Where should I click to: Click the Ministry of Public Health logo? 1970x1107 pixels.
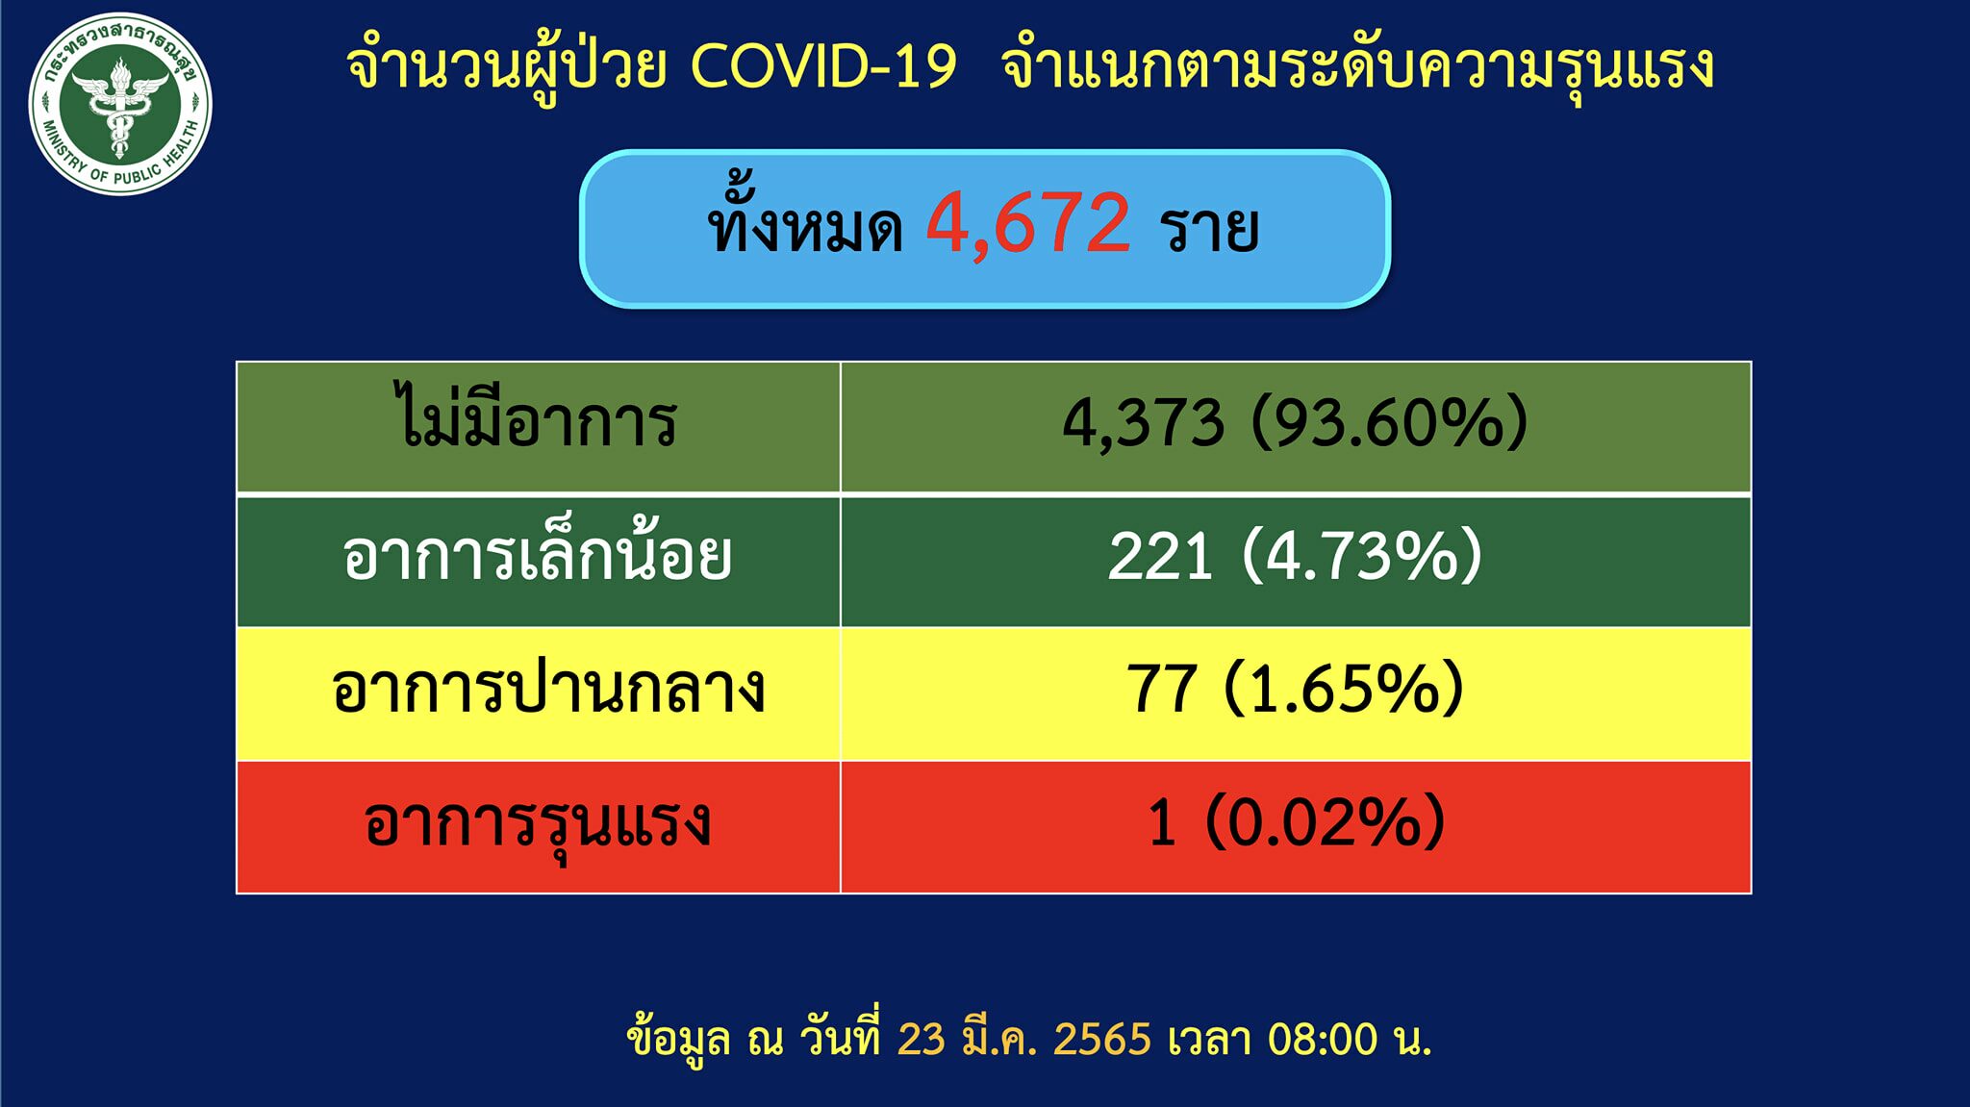tap(120, 104)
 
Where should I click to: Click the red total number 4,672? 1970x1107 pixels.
tap(1028, 224)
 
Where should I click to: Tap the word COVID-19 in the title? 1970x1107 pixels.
tap(823, 66)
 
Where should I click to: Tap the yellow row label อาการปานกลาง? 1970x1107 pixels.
tap(547, 689)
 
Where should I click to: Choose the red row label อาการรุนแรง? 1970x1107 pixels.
tap(538, 825)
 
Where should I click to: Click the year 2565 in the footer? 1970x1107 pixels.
tap(1102, 1040)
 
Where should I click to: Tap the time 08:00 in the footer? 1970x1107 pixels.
tap(1323, 1040)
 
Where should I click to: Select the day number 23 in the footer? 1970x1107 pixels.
tap(922, 1040)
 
